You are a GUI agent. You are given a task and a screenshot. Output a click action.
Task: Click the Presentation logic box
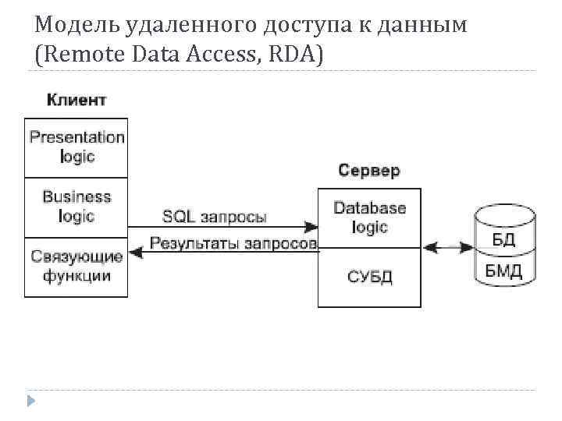[76, 147]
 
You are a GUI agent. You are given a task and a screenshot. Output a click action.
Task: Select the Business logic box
[76, 207]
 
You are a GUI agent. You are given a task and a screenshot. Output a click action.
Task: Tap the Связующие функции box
[76, 267]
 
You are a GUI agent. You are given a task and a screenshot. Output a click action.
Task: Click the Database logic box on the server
[369, 218]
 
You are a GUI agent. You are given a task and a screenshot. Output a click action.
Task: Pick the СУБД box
[369, 277]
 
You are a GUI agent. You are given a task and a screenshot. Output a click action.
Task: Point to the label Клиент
[76, 100]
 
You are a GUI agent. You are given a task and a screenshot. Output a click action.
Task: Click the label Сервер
[368, 171]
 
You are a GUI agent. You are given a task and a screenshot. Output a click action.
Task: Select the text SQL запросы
[214, 216]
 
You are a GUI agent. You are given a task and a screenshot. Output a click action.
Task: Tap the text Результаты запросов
[233, 243]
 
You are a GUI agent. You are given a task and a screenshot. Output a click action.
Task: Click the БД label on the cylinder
[503, 239]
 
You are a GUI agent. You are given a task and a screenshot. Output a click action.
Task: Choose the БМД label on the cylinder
[503, 271]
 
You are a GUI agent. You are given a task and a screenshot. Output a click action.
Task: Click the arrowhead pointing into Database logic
[311, 227]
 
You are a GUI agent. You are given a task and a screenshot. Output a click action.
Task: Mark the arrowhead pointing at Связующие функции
[135, 251]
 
